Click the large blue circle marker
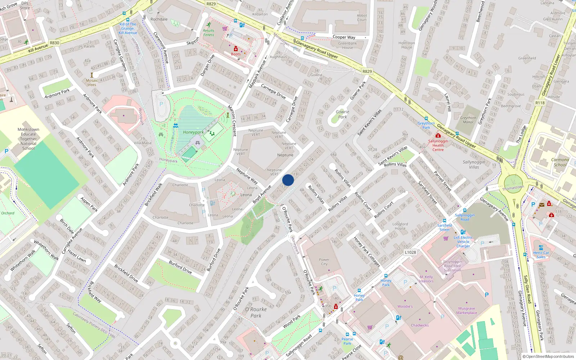coord(288,180)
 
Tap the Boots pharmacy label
coord(236,54)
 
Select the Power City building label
coord(324,262)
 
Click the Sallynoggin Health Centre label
coord(438,145)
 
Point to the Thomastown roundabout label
coord(513,188)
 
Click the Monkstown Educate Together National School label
coord(28,139)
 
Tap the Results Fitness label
coord(208,33)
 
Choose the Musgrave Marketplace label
coord(467,311)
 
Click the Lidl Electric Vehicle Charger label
coord(463,242)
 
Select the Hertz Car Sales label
coord(541,255)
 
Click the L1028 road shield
coord(410,252)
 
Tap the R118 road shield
coord(540,103)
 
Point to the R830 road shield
coord(54,43)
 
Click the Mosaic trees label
coord(92,82)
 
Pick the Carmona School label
coord(560,162)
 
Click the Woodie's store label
coord(405,306)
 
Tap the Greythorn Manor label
coord(468,120)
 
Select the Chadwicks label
coord(420,325)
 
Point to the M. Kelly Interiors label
coord(426,279)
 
